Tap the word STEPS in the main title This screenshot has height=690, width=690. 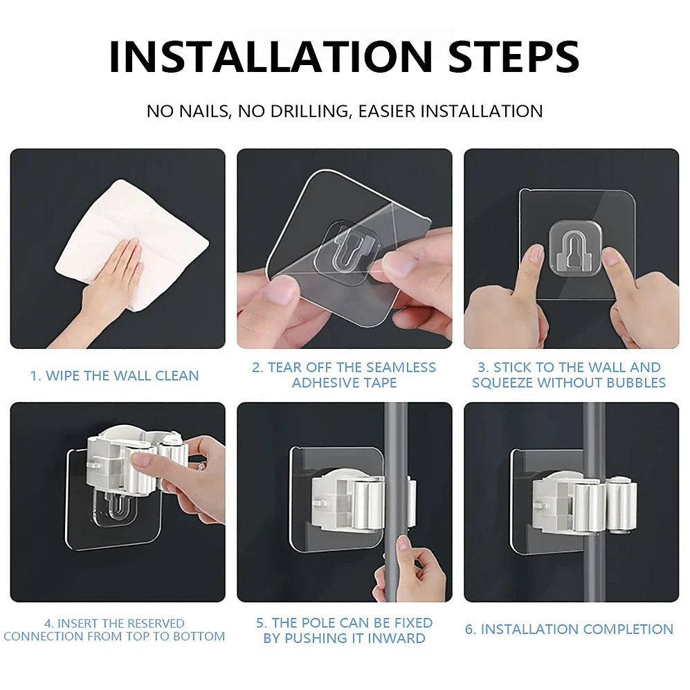click(514, 57)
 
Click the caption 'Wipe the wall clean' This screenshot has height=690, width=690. click(114, 376)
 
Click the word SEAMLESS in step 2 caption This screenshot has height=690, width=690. click(399, 367)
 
